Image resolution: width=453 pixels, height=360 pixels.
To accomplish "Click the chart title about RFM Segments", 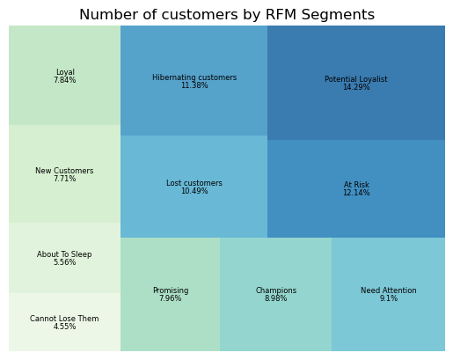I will click(227, 15).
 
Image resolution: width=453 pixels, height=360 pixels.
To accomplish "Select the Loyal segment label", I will click(65, 72).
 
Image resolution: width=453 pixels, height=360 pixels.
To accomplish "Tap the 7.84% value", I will click(65, 80).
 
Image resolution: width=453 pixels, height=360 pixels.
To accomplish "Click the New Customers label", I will click(64, 171).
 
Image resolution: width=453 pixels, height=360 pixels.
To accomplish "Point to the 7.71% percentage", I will click(64, 179).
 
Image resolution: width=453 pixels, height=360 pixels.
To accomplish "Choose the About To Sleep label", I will click(64, 254).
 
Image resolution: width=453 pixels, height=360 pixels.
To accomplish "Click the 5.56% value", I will click(64, 262).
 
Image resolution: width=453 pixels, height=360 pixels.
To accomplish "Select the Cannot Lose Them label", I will click(64, 319).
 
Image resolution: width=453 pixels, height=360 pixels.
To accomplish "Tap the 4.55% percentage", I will click(64, 327).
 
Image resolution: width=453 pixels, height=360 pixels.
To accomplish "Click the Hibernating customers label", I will click(194, 77).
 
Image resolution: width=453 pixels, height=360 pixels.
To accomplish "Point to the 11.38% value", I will click(194, 85).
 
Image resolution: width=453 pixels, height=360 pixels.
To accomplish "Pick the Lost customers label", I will click(194, 183).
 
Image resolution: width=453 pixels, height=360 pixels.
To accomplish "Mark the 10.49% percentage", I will click(194, 191).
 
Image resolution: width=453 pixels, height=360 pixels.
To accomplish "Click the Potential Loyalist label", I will click(356, 79).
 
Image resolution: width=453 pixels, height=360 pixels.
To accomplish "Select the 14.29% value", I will click(356, 87).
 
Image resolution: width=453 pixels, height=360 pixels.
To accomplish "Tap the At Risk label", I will click(356, 185).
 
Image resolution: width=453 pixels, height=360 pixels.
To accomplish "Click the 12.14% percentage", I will click(356, 193).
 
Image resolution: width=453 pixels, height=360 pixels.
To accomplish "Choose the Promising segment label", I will click(171, 290).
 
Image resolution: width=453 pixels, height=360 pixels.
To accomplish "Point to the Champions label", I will click(276, 290).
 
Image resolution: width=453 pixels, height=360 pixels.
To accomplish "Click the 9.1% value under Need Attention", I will click(389, 298).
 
